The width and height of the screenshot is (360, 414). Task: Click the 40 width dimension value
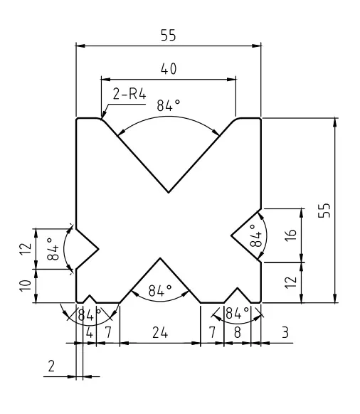click(169, 69)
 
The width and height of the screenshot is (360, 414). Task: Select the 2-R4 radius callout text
click(129, 94)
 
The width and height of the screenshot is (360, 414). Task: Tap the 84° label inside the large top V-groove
click(168, 105)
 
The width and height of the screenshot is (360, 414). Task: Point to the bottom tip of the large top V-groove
click(169, 193)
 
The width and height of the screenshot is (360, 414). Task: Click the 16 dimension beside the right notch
click(291, 235)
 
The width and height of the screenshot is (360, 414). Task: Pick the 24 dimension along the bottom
click(160, 333)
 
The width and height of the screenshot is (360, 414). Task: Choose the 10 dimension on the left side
click(26, 286)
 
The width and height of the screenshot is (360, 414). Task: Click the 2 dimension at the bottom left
click(51, 366)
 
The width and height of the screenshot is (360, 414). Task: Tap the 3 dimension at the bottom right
click(285, 333)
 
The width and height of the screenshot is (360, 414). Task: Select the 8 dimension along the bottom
click(238, 333)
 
